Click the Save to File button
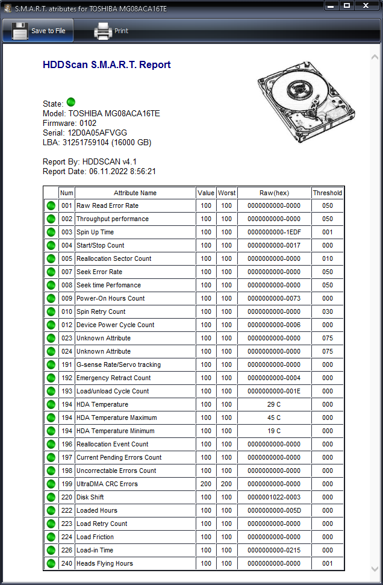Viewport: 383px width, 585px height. [x=39, y=31]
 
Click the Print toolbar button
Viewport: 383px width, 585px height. [x=111, y=31]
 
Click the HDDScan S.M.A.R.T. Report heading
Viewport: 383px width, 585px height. [x=107, y=65]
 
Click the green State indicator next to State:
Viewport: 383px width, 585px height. [x=71, y=102]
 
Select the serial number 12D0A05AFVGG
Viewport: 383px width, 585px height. [x=98, y=133]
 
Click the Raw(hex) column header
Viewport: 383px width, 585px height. [x=273, y=193]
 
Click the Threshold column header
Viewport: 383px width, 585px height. [x=327, y=193]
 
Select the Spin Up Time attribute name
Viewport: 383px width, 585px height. [x=95, y=232]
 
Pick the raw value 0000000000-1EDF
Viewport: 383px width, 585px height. [x=273, y=232]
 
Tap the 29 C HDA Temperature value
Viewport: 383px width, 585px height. [x=273, y=404]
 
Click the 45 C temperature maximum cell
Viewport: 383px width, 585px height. [x=273, y=418]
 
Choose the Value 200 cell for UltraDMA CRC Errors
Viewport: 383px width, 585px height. [x=206, y=484]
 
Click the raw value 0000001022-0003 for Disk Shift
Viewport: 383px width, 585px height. [x=273, y=497]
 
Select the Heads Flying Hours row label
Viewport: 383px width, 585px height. [x=105, y=563]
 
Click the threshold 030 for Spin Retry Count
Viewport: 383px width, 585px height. [x=327, y=311]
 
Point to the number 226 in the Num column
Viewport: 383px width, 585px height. [x=66, y=550]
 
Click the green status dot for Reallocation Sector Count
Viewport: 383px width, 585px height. [x=51, y=258]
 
